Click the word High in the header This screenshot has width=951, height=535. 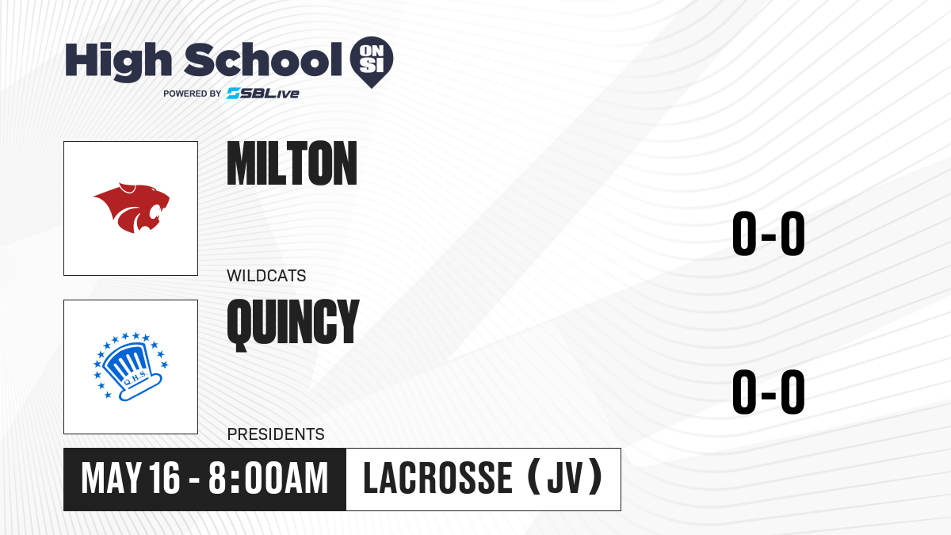[x=118, y=61]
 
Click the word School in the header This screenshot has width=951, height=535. [x=263, y=59]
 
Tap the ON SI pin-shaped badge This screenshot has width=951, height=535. [x=372, y=62]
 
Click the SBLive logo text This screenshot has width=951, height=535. [x=263, y=93]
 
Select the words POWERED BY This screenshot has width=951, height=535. [x=193, y=94]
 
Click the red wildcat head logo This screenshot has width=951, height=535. [x=132, y=208]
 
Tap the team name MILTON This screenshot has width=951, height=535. [x=292, y=163]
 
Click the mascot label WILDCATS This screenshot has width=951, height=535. [x=266, y=276]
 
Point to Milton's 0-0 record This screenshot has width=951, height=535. [x=769, y=233]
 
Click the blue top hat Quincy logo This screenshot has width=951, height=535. [x=131, y=366]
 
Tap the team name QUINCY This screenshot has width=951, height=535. [x=293, y=325]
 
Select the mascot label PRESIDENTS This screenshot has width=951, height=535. [x=276, y=434]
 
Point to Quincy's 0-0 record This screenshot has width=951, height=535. [x=769, y=392]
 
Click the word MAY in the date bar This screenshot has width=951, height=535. [x=111, y=479]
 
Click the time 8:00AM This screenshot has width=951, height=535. [x=269, y=479]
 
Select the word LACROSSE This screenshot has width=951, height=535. [x=438, y=479]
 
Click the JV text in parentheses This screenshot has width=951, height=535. [x=564, y=479]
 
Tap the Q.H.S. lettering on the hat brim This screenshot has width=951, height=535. [x=135, y=379]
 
